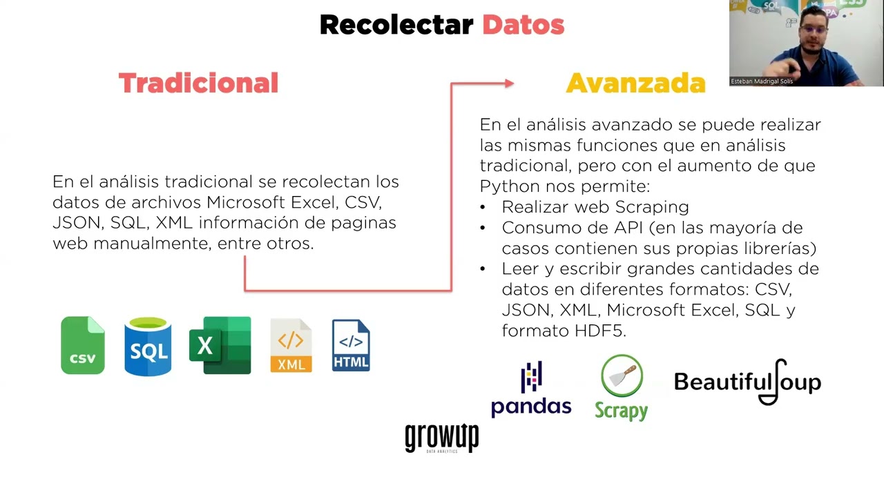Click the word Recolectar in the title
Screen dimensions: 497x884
(396, 26)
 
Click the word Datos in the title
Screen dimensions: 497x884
(523, 26)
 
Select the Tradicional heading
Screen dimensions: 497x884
(198, 84)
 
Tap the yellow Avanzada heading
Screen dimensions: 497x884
(635, 84)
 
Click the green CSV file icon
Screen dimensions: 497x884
(83, 345)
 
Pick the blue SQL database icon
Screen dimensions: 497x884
(148, 346)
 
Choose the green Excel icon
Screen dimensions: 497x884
(220, 345)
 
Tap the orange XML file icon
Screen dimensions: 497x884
(291, 346)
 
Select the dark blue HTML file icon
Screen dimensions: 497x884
(351, 345)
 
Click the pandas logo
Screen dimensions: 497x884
(531, 389)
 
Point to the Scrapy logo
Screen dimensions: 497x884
(622, 388)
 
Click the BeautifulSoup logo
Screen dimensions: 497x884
(747, 382)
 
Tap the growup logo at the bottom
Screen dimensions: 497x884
(442, 438)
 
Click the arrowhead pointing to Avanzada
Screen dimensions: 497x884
(509, 84)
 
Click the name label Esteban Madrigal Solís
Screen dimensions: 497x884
(762, 81)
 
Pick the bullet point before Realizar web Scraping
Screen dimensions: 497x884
(483, 207)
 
